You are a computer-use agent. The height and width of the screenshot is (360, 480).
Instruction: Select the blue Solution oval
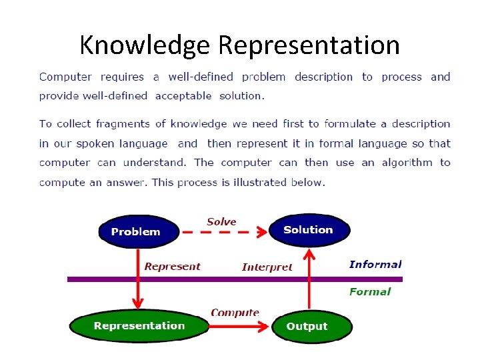click(309, 230)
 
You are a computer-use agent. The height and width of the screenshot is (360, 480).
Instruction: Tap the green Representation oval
click(139, 326)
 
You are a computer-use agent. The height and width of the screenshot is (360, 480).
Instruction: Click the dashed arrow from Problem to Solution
click(223, 233)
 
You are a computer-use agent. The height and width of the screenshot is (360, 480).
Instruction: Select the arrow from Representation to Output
click(240, 327)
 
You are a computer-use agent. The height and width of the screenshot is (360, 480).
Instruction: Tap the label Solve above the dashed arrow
click(221, 221)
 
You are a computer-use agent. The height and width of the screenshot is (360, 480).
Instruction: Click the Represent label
click(172, 266)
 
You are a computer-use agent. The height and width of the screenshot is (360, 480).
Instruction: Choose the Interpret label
click(267, 267)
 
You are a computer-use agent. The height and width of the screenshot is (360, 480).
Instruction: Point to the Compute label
click(235, 312)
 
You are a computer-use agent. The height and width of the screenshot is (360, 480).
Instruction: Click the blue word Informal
click(375, 264)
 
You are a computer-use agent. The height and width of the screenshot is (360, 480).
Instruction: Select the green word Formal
click(370, 291)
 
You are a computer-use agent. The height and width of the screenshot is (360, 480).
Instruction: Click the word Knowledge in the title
click(145, 45)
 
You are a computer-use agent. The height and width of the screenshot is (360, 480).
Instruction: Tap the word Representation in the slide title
click(309, 45)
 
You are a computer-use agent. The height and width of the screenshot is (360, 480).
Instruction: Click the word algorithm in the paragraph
click(406, 162)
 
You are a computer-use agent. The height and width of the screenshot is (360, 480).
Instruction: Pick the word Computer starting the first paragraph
click(65, 77)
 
